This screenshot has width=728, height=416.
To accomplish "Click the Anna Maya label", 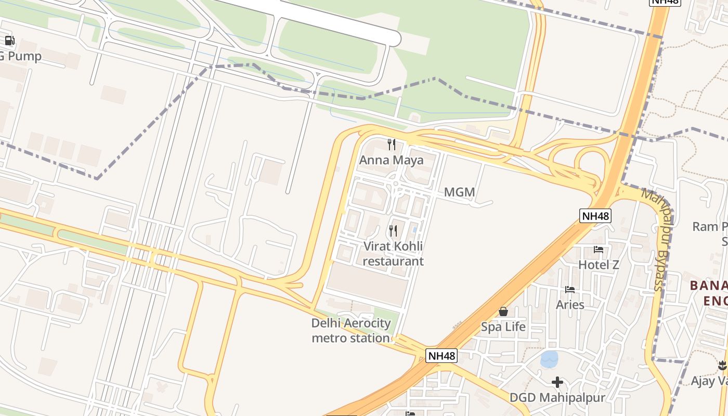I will coord(392,160).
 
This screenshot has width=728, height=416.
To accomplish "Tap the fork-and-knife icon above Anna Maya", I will coord(392,145).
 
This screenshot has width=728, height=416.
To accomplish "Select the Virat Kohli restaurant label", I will coord(393,253).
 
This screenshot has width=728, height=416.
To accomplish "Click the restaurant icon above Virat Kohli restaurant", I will coord(393,230).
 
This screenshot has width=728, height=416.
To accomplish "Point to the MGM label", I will coord(460,192).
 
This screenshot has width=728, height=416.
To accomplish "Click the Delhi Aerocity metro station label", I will coord(351,330).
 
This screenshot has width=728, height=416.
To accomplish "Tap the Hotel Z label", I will coord(599,265).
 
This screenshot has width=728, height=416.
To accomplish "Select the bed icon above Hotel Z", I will coord(599,250).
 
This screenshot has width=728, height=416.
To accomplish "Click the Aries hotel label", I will coord(570,305).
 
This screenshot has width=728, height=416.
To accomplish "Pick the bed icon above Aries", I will coord(570,290).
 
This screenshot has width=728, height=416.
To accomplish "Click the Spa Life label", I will coord(503,327).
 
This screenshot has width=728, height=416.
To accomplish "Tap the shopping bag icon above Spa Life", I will coord(503,311).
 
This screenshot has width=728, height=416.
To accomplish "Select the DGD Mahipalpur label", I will coord(557,398).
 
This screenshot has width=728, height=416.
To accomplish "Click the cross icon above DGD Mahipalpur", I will coord(557,383).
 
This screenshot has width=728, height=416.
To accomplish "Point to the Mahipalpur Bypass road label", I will coord(658,239).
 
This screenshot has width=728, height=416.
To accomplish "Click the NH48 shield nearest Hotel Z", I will coord(595,216).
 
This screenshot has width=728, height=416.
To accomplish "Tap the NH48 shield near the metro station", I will coord(441,356).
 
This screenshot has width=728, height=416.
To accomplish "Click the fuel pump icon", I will coord(9,41).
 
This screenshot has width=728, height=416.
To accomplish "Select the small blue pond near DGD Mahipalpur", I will coord(549,359).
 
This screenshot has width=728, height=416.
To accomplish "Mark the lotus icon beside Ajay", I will coord(722,365).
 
